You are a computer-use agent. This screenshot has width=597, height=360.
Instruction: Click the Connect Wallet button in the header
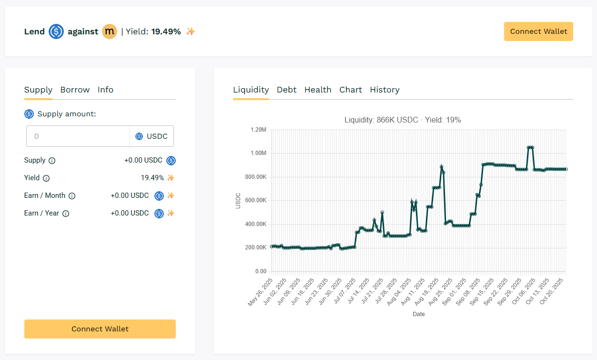(x=538, y=31)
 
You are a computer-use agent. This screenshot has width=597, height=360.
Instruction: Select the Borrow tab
(x=75, y=90)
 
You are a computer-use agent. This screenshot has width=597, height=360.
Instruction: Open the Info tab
(x=105, y=90)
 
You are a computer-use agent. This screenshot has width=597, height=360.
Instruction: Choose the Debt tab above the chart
(x=286, y=90)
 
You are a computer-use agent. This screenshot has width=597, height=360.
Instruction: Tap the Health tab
(x=318, y=90)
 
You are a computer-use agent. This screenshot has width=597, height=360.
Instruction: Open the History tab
(x=385, y=90)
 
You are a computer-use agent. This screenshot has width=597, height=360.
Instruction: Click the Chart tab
(x=351, y=90)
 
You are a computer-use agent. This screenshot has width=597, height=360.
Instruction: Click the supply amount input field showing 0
(x=78, y=136)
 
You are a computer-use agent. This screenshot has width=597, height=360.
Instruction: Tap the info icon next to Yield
(x=46, y=178)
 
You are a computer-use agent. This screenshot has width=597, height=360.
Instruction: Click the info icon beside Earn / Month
(x=72, y=196)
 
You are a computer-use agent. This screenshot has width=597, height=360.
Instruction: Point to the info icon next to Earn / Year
(x=66, y=214)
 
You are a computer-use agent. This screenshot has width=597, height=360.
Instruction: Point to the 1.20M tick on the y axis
(x=258, y=130)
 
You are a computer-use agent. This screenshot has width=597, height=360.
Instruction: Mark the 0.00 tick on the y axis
(x=261, y=271)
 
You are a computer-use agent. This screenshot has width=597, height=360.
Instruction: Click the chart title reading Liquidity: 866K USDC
(x=403, y=120)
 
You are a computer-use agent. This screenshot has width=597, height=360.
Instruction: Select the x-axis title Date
(x=419, y=314)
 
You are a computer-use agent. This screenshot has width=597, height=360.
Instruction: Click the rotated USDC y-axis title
(x=238, y=200)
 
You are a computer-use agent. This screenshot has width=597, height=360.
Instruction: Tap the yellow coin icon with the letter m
(x=110, y=32)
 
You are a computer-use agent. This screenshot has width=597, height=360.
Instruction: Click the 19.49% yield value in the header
(x=166, y=32)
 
